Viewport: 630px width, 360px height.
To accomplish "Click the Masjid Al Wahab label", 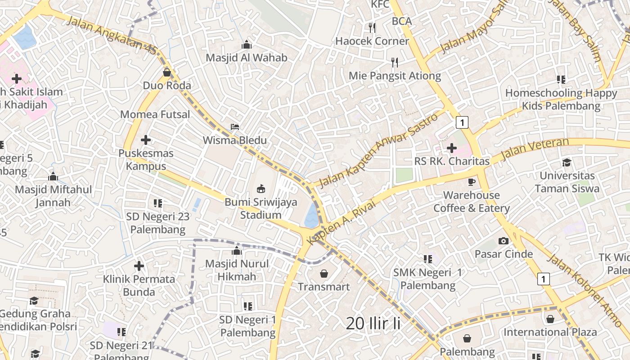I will click(x=246, y=58).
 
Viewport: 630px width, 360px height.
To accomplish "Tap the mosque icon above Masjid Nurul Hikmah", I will click(x=236, y=251).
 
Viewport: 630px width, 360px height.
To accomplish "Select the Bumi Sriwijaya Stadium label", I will click(x=261, y=208).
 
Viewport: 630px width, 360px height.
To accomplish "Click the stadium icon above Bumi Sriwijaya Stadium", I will click(x=261, y=189).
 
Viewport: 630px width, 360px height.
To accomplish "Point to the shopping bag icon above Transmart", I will click(x=324, y=273).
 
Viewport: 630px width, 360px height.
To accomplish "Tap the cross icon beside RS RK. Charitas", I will click(x=451, y=148).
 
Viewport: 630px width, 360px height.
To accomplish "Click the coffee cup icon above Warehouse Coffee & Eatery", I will click(x=471, y=182).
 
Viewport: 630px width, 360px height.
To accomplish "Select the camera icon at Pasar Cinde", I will click(x=504, y=241).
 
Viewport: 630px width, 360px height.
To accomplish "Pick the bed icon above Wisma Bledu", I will click(x=234, y=127).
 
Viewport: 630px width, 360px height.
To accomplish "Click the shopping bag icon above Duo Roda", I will click(x=167, y=72).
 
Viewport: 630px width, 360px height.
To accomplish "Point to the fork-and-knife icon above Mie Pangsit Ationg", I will click(x=395, y=63).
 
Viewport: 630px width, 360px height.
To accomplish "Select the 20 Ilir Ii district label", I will click(x=373, y=323).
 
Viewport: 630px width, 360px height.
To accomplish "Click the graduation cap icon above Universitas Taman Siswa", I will click(x=567, y=162).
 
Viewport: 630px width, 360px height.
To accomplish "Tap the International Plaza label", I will click(x=550, y=332).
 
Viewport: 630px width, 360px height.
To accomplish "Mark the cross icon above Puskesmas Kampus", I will click(x=145, y=140).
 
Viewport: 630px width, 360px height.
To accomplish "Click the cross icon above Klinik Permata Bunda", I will click(x=139, y=266).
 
